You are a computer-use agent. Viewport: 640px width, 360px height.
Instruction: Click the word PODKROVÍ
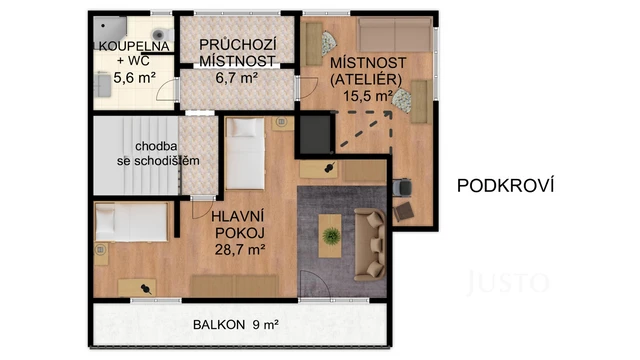point(505,185)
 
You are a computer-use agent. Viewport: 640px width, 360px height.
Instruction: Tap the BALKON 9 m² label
point(236,325)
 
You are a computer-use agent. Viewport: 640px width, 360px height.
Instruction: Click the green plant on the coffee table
point(331,236)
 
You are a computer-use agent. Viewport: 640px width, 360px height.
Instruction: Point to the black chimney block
point(316,132)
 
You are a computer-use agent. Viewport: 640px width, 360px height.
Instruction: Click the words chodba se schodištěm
point(140,153)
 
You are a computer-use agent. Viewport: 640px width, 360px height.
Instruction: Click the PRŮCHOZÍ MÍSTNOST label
point(238,53)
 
